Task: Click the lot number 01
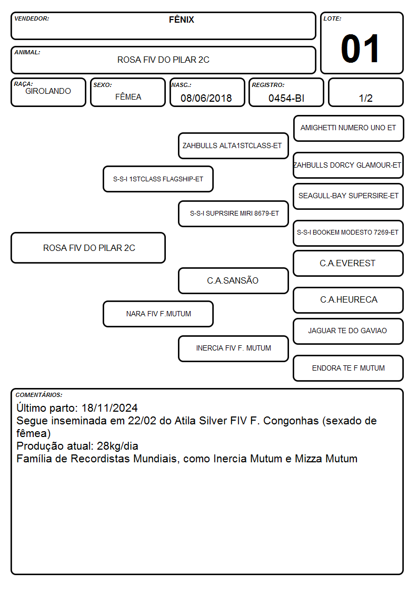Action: tap(360, 48)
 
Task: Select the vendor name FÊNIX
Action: tap(181, 20)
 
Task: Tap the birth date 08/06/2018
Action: tap(206, 98)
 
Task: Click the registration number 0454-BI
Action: tap(286, 98)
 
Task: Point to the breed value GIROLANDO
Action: tap(48, 91)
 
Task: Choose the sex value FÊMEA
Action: tap(128, 96)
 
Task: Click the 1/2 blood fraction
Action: tap(365, 98)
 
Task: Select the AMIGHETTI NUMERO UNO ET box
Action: tap(349, 129)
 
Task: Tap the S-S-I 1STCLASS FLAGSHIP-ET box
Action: tap(158, 179)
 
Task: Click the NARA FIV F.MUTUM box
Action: tap(158, 314)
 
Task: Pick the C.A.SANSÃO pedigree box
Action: tap(233, 280)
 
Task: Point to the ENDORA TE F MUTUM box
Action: tap(349, 368)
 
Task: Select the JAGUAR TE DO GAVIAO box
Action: tap(349, 331)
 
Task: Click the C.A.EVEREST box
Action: tap(349, 263)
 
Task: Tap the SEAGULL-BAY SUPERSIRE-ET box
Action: tap(349, 196)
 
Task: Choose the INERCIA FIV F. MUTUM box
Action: tap(233, 348)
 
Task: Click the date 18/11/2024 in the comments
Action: tap(110, 407)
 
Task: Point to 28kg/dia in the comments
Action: tap(117, 446)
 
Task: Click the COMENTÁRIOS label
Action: tap(39, 395)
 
